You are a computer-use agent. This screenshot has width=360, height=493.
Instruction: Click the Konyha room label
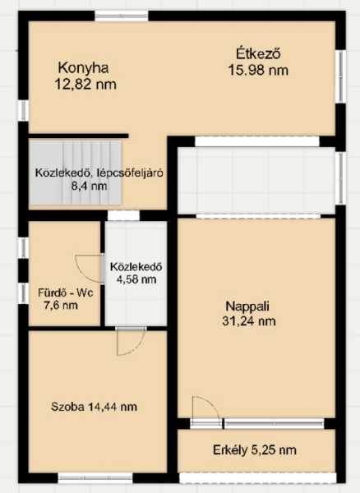coord(84,68)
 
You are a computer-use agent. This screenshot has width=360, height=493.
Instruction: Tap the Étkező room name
coord(258,53)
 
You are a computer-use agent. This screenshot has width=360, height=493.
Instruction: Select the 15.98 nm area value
coord(258,70)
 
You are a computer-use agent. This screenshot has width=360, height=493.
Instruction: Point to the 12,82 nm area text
coord(85,85)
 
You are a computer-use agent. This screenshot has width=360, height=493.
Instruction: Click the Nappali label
coord(247,306)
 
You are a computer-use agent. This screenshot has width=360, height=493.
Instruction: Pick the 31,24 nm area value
coord(249,321)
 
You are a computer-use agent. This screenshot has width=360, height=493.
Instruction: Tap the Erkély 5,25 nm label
coord(255,450)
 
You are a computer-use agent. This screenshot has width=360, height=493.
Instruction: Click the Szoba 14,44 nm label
coord(94,407)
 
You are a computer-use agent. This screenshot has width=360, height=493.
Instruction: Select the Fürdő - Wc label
coord(66,293)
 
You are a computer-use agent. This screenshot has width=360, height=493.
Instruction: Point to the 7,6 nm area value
coord(61,306)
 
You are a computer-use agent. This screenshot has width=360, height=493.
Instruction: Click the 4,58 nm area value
coord(136,279)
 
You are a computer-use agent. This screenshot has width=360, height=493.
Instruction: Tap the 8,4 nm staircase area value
coord(90,187)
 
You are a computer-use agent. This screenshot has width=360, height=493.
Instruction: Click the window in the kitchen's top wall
coord(122,16)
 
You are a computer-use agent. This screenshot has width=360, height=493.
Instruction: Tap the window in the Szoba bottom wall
coord(95,478)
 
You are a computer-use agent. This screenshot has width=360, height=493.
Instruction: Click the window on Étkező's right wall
coord(340,76)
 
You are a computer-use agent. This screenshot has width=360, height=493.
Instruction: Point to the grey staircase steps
coord(76,173)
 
